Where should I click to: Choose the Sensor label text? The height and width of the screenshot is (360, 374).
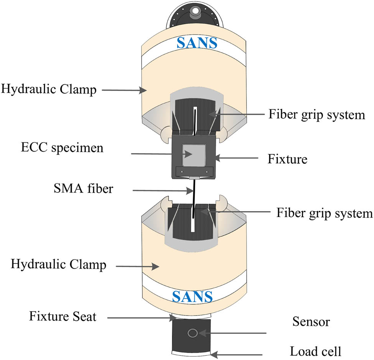coord(310,322)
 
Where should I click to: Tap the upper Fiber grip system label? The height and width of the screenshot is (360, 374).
coord(315,114)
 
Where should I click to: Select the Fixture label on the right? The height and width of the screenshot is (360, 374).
coord(287,159)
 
